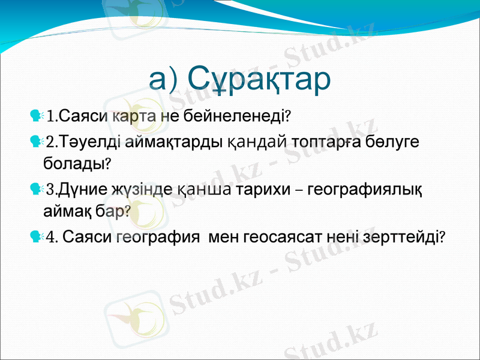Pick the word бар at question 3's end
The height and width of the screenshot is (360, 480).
(x=113, y=211)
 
